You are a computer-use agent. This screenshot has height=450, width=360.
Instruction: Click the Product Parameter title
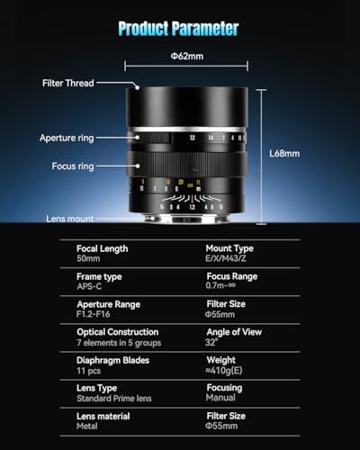[x=178, y=29]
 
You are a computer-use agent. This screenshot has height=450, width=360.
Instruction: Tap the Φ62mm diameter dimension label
[x=187, y=56]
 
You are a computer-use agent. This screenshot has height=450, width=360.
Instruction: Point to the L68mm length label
[x=284, y=154]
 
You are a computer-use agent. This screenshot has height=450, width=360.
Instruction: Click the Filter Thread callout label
[x=68, y=83]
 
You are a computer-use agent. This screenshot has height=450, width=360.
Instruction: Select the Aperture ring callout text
[x=67, y=138]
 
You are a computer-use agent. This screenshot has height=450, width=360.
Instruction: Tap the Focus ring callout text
[x=73, y=166]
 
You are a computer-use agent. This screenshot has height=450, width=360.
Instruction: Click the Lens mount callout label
[x=70, y=219]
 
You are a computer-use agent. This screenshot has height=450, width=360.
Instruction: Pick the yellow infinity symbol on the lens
[x=190, y=185]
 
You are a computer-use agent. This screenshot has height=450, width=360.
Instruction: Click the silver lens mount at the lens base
[x=187, y=219]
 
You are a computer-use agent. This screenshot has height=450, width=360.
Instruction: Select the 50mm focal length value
[x=88, y=258]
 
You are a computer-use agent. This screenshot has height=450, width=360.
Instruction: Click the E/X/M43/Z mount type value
[x=226, y=258]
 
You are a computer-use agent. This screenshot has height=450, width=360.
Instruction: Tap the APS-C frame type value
[x=89, y=286]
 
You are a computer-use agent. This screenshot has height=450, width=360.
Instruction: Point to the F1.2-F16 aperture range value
[x=94, y=314]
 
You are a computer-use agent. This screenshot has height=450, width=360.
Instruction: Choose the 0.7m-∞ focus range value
[x=220, y=285]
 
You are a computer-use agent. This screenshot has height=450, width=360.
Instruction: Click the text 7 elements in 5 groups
[x=119, y=343]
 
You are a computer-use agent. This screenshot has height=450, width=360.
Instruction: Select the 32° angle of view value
[x=211, y=342]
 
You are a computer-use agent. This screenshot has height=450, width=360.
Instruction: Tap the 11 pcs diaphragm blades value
[x=88, y=371]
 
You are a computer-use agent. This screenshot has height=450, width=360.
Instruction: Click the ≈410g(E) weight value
[x=224, y=371]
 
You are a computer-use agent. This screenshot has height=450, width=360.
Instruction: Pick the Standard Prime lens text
[x=114, y=399]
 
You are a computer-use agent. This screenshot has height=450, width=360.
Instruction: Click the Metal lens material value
[x=87, y=426]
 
